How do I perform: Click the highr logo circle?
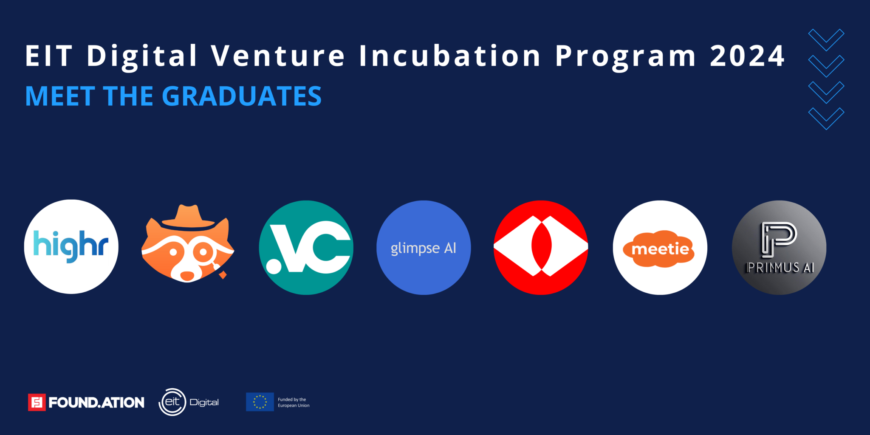click(x=71, y=247)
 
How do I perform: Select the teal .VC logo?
click(x=306, y=248)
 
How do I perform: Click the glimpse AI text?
click(x=424, y=249)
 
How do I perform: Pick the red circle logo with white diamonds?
click(x=541, y=247)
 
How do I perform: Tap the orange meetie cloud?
click(x=659, y=249)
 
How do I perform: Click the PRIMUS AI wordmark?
click(x=780, y=268)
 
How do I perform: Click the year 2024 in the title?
click(x=747, y=56)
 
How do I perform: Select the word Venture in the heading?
click(x=278, y=56)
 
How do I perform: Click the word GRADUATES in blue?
click(x=242, y=96)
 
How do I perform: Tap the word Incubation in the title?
click(x=450, y=56)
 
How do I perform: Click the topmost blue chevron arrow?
click(x=826, y=40)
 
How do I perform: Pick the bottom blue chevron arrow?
click(x=826, y=119)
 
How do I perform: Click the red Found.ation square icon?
click(x=37, y=402)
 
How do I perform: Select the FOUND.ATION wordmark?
click(x=96, y=402)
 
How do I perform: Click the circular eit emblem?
click(x=172, y=402)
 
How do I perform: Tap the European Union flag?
click(x=260, y=402)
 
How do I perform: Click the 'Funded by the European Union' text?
click(x=294, y=402)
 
